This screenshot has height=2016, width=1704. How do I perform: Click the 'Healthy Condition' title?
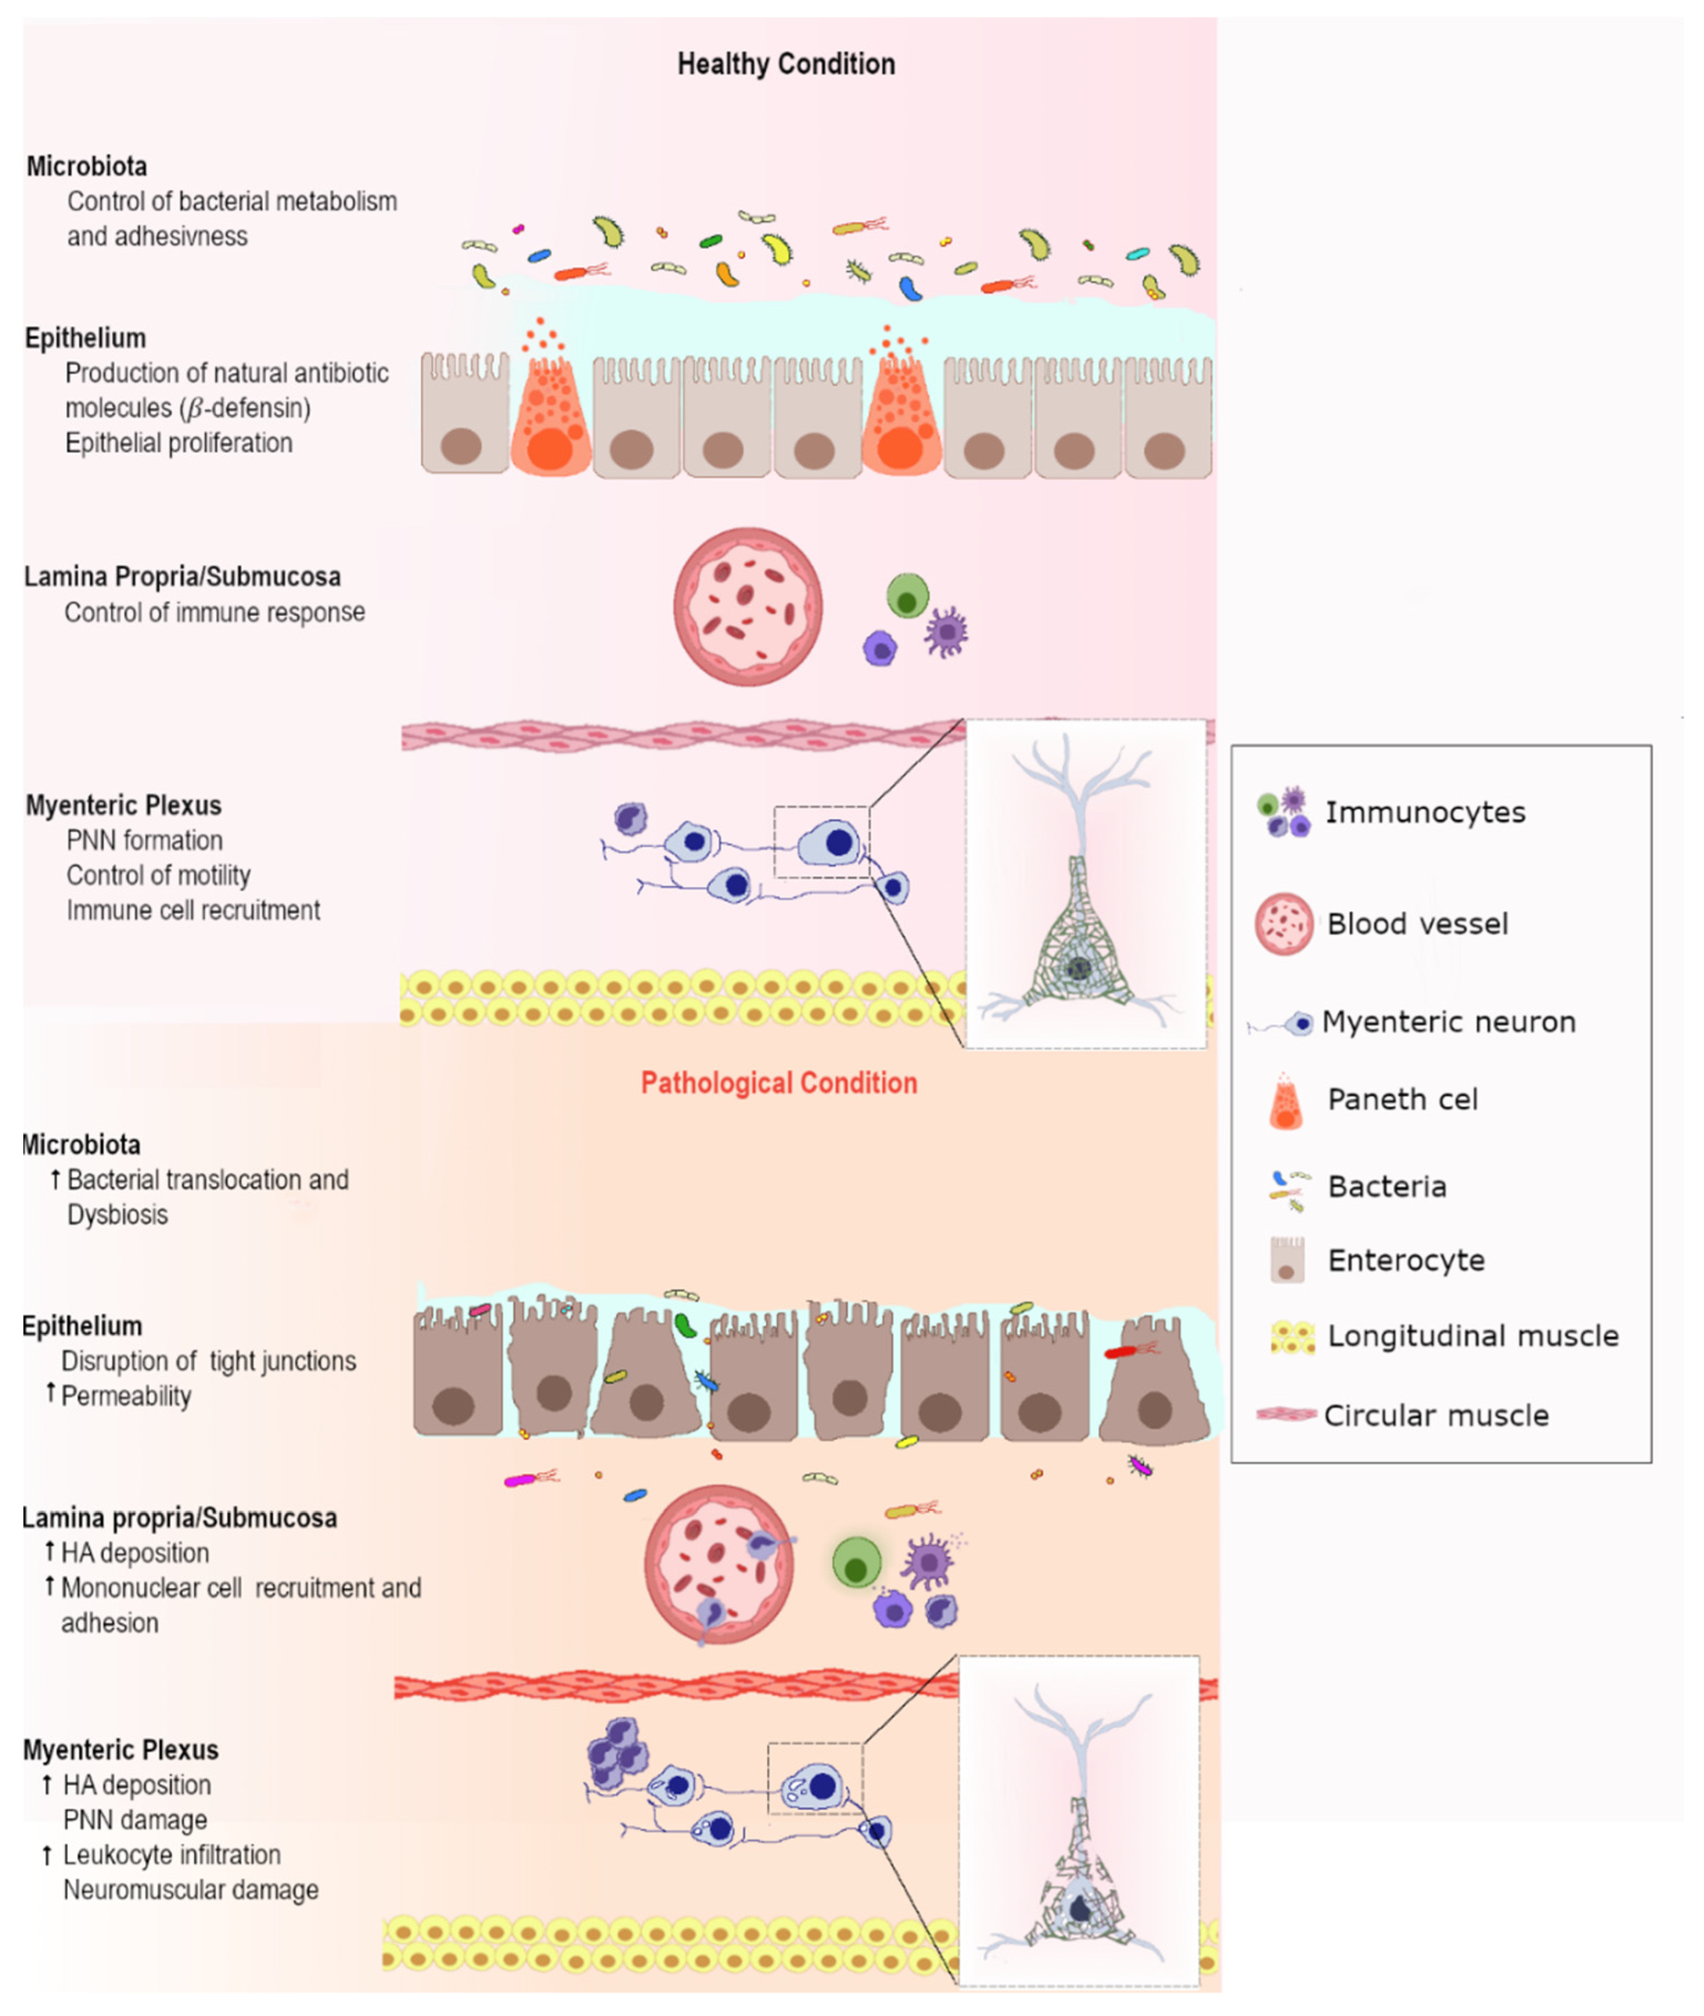(786, 64)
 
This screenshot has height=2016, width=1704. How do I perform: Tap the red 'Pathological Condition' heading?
(779, 1083)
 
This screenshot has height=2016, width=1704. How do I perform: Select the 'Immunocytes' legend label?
(1425, 812)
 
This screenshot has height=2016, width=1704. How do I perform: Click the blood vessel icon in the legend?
(1284, 924)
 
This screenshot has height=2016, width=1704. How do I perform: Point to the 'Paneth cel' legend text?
(1402, 1099)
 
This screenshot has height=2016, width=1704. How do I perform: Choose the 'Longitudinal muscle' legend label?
(1472, 1336)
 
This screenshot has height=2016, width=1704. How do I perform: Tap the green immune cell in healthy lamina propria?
(907, 596)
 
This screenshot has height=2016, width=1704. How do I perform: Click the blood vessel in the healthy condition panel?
(748, 607)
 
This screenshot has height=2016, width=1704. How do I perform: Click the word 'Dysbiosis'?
(117, 1214)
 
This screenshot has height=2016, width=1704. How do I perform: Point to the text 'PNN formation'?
(144, 841)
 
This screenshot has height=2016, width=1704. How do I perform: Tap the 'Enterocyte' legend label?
(1405, 1260)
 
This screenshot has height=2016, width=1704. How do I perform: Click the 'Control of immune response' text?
(214, 613)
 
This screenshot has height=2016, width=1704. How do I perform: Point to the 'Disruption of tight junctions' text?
(209, 1361)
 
